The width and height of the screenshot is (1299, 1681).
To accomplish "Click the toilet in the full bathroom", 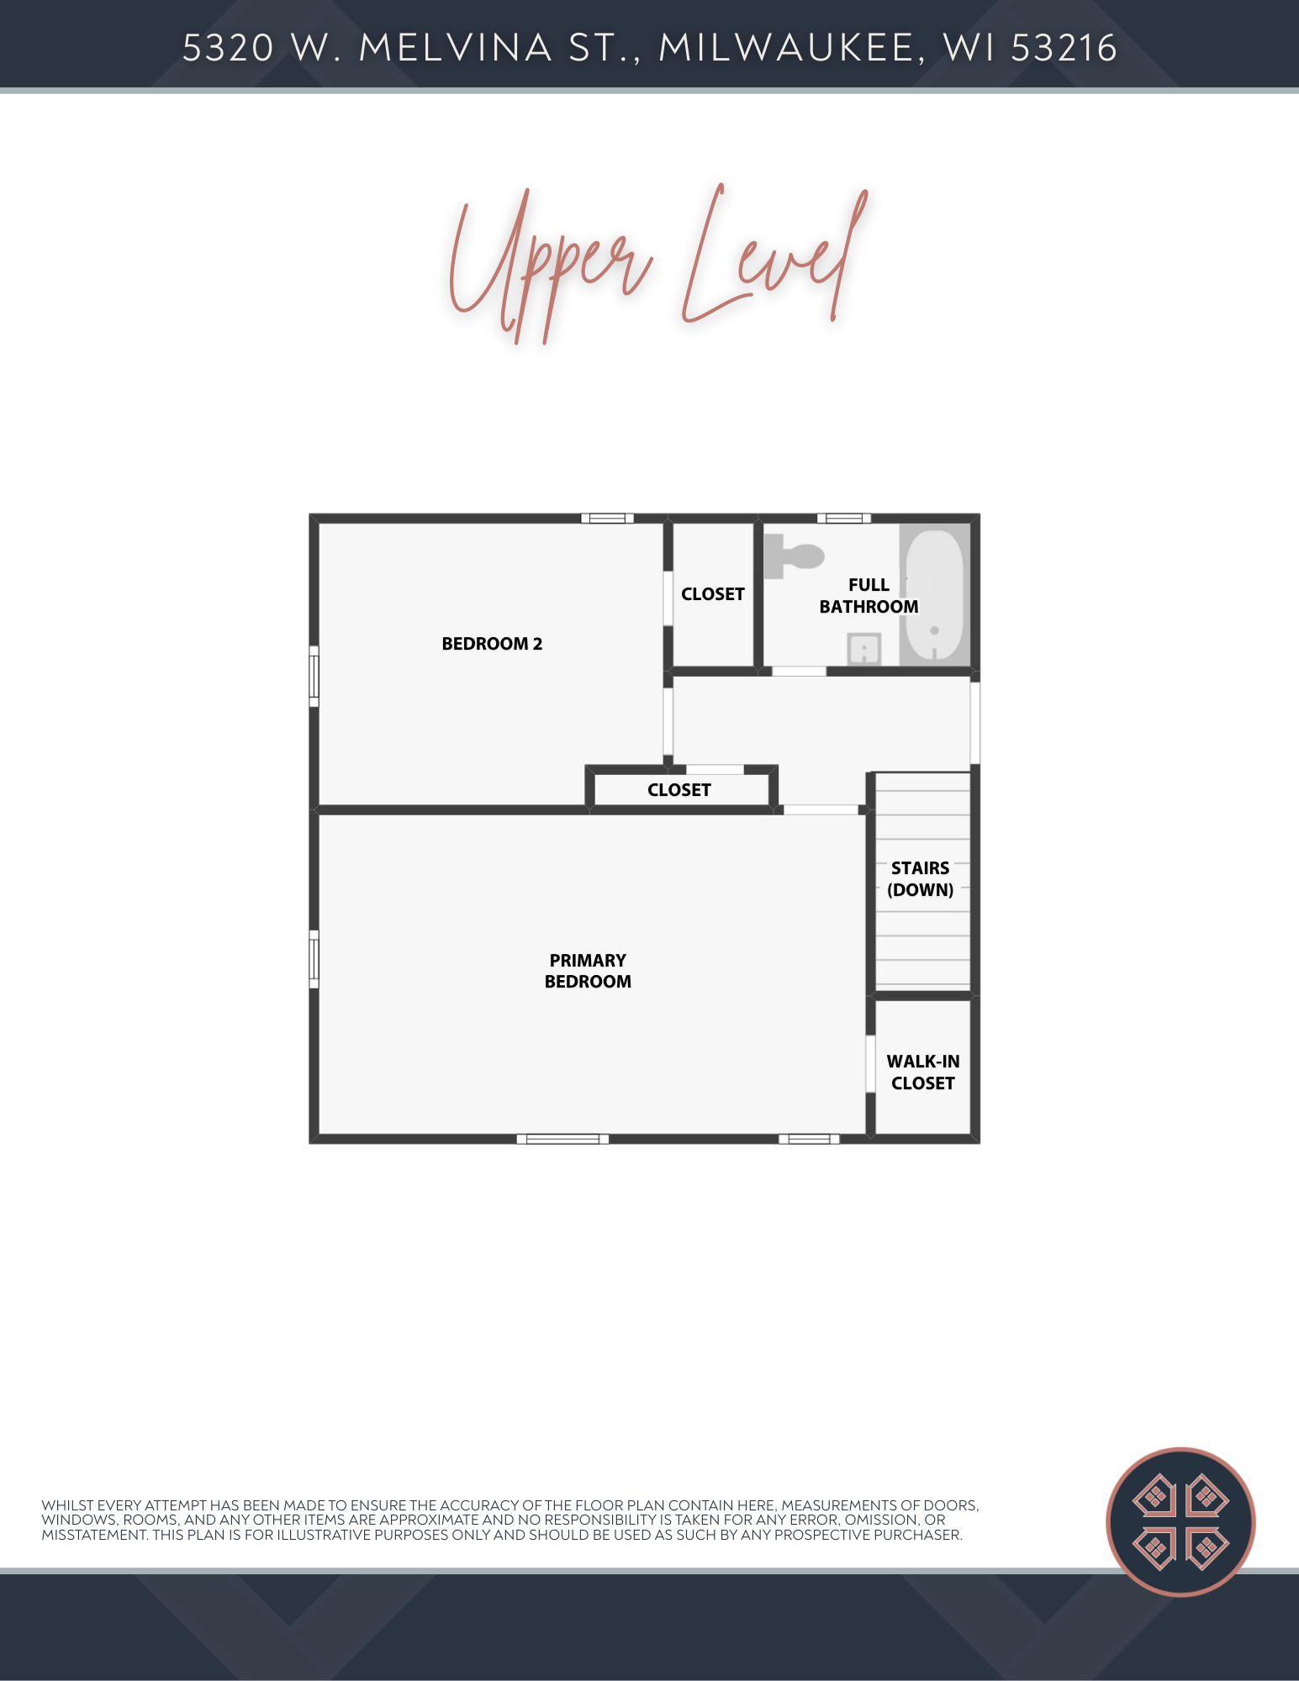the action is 794,556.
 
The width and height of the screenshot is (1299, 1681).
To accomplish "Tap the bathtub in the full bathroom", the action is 934,595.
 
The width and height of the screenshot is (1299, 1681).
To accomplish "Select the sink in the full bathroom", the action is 863,650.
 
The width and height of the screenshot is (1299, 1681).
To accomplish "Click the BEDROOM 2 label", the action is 492,644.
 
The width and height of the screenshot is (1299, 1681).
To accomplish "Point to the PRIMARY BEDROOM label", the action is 588,971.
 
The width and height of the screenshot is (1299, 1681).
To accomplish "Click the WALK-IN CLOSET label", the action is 923,1072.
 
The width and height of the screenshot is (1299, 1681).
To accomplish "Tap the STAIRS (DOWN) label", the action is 921,879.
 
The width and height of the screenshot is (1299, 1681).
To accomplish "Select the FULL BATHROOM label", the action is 869,596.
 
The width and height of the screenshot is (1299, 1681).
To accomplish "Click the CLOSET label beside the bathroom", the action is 713,594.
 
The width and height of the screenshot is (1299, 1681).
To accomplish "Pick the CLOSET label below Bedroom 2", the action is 679,790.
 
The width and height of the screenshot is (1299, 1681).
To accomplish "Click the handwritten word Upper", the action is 551,265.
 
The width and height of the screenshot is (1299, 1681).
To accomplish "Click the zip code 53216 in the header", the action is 1064,48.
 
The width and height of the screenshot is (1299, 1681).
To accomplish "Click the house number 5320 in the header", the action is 229,48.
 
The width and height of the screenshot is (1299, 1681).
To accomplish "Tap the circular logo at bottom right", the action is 1180,1521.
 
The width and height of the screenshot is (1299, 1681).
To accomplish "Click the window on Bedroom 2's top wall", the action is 607,518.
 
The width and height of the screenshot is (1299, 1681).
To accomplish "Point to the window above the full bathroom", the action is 844,518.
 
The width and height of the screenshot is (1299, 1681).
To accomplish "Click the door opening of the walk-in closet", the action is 871,1064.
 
